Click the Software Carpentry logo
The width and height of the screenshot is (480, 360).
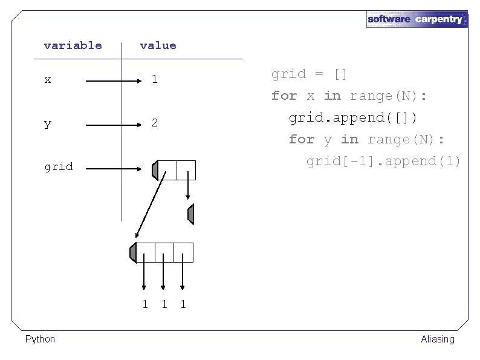[417, 19]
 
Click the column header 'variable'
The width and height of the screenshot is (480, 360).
[73, 45]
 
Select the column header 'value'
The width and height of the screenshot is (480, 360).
[158, 45]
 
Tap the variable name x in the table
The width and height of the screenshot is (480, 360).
[48, 79]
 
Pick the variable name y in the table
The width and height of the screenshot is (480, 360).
[48, 123]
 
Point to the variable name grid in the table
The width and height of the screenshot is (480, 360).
[58, 166]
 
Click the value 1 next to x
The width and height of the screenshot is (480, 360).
[155, 79]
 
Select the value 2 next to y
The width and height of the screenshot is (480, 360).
[155, 123]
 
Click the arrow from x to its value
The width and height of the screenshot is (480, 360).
[112, 80]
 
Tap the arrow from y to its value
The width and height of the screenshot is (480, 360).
[112, 125]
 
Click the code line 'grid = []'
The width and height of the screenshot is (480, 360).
[309, 74]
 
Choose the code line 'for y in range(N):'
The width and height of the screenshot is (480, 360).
[366, 139]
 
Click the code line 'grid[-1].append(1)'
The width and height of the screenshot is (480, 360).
[383, 161]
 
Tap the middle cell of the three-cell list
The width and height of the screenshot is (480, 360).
[164, 252]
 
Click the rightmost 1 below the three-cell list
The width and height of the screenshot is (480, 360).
[183, 304]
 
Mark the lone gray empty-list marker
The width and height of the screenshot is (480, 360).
[191, 214]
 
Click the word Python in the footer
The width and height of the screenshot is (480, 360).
[40, 339]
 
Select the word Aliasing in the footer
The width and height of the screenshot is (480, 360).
[437, 339]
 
